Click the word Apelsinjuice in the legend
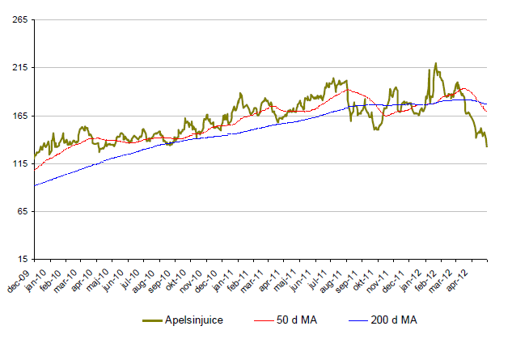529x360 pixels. pos(194,321)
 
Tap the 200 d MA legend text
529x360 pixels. pos(393,321)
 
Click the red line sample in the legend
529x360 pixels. pos(259,321)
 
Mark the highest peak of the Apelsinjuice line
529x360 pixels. pos(435,63)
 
